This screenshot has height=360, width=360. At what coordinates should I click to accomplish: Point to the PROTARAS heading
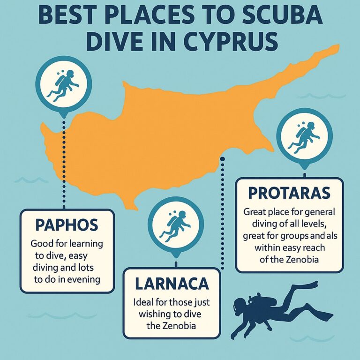[289, 193]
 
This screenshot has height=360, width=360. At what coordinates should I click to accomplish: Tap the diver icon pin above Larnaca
[175, 224]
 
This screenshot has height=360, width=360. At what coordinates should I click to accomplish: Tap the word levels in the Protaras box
[319, 222]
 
